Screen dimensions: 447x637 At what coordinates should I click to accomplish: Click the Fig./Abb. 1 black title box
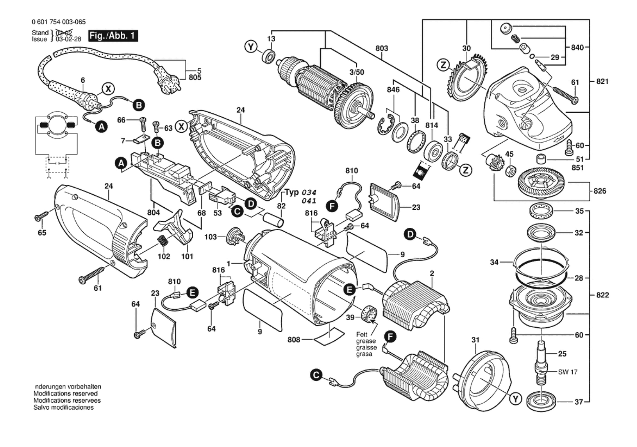click(x=113, y=36)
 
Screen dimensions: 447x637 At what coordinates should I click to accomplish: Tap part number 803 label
click(x=382, y=48)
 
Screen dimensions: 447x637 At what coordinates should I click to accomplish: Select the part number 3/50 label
click(x=357, y=72)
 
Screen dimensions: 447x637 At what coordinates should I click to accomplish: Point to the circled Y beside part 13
click(x=251, y=47)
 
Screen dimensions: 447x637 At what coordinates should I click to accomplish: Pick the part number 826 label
click(x=600, y=191)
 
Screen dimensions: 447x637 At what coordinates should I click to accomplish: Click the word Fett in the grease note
click(x=362, y=335)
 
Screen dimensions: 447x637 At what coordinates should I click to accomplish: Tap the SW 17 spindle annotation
click(x=568, y=372)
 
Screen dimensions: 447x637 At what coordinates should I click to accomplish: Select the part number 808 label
click(x=294, y=340)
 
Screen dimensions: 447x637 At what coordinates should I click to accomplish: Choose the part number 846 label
click(x=393, y=90)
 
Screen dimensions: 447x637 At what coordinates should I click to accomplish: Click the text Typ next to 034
click(x=292, y=192)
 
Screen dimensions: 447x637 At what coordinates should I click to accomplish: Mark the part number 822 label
click(x=602, y=295)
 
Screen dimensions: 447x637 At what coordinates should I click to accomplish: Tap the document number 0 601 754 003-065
click(x=59, y=22)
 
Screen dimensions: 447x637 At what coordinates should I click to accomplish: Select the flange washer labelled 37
click(x=541, y=402)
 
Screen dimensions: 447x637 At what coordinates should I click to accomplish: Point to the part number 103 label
click(x=210, y=237)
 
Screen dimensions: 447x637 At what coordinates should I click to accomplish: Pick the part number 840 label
click(x=577, y=48)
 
